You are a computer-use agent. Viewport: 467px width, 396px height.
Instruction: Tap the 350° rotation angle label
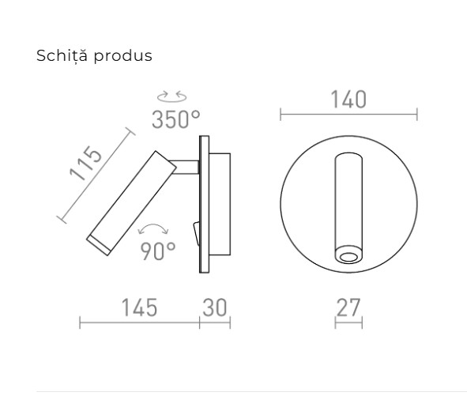pos(175,119)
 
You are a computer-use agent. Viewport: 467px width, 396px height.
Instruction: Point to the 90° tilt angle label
pos(158,251)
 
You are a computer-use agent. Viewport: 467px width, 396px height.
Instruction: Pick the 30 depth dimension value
pos(214,307)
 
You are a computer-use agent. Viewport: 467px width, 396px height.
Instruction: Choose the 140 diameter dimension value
pos(348,100)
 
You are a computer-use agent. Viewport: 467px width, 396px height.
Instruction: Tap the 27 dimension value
pos(348,307)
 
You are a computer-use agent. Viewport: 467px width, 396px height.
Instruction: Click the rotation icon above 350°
pos(172,97)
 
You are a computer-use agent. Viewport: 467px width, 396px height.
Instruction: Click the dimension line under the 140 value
pos(348,115)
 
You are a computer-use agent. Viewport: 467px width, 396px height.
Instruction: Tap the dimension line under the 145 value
pos(139,322)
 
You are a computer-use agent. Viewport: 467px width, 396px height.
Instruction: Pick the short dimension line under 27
pos(348,322)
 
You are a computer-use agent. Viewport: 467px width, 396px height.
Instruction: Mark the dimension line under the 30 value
pos(214,322)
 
